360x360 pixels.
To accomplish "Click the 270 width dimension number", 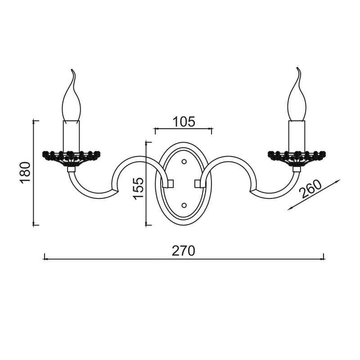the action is (184, 251).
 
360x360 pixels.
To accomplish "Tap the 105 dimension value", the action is (184, 121).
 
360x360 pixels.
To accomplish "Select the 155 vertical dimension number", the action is (139, 188).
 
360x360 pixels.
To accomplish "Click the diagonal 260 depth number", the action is (311, 189).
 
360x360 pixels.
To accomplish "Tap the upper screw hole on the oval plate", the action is (184, 162).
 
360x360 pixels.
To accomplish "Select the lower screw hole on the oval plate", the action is (184, 205).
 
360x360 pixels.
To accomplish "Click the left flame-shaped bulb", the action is (72, 95).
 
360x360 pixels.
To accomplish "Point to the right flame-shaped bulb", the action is (297, 94).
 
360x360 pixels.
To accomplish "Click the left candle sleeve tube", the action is (72, 135).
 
